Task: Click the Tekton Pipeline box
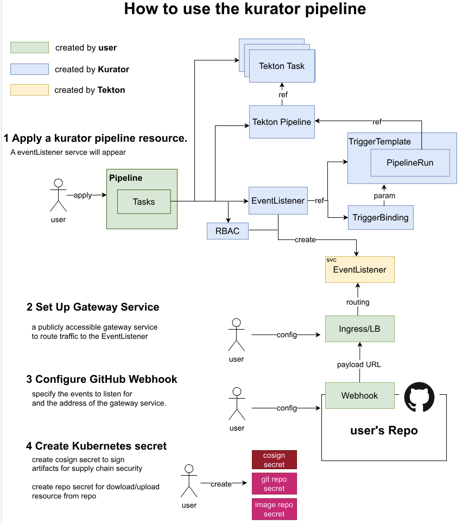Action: click(x=282, y=122)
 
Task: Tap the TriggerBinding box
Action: click(x=380, y=218)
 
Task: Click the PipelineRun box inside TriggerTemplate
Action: click(x=410, y=162)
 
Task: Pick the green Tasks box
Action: click(x=144, y=201)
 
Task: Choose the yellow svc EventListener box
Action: click(x=359, y=269)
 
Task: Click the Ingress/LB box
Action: click(x=359, y=329)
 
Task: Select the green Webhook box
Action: click(x=359, y=395)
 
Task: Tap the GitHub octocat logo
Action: click(x=419, y=397)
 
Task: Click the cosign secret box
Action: click(x=274, y=460)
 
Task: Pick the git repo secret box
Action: click(x=274, y=484)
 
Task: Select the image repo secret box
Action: click(x=274, y=509)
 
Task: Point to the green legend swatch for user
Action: click(x=29, y=48)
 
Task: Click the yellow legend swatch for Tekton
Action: click(x=29, y=90)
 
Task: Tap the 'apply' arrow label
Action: click(x=83, y=195)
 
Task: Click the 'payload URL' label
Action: click(x=359, y=364)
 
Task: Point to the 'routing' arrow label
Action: click(x=358, y=302)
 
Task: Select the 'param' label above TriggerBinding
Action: click(x=384, y=195)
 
